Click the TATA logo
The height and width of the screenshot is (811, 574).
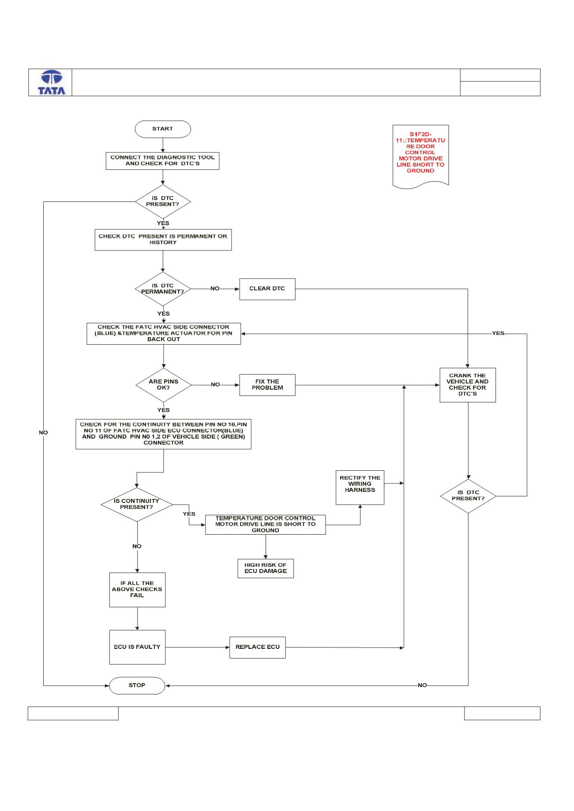tap(52, 82)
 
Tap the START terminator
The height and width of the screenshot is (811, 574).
tap(163, 129)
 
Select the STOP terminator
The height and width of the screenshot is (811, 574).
tap(137, 685)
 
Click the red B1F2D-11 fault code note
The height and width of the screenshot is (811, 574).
tap(420, 156)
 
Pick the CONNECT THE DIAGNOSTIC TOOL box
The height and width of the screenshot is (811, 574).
tap(162, 161)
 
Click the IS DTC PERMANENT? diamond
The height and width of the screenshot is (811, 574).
tap(163, 289)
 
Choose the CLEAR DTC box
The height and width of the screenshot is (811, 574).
tap(267, 289)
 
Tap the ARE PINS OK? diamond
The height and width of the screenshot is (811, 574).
tap(164, 385)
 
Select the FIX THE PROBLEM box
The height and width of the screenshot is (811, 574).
tap(267, 385)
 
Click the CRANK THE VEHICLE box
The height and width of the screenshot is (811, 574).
tap(468, 385)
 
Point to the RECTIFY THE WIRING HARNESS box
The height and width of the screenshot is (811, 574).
tap(360, 487)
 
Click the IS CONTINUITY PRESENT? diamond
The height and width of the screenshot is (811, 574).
tap(137, 504)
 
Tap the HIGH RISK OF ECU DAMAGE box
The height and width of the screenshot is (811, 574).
tap(266, 569)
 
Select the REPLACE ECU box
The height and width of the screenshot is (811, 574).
tap(258, 647)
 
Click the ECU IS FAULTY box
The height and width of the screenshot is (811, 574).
tap(137, 647)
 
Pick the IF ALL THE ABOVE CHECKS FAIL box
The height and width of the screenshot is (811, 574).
tap(137, 590)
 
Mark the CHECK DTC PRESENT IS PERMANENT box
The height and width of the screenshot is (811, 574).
tap(163, 240)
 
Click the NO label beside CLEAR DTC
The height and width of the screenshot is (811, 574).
tap(215, 289)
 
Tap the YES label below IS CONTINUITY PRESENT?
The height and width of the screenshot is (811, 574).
tap(189, 514)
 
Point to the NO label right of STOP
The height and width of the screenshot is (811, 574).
tap(422, 685)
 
